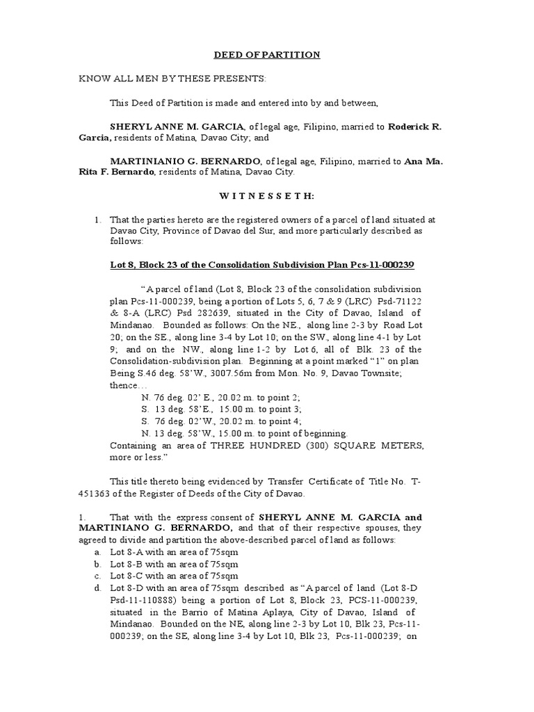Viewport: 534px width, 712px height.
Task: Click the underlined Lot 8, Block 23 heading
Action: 263,266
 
